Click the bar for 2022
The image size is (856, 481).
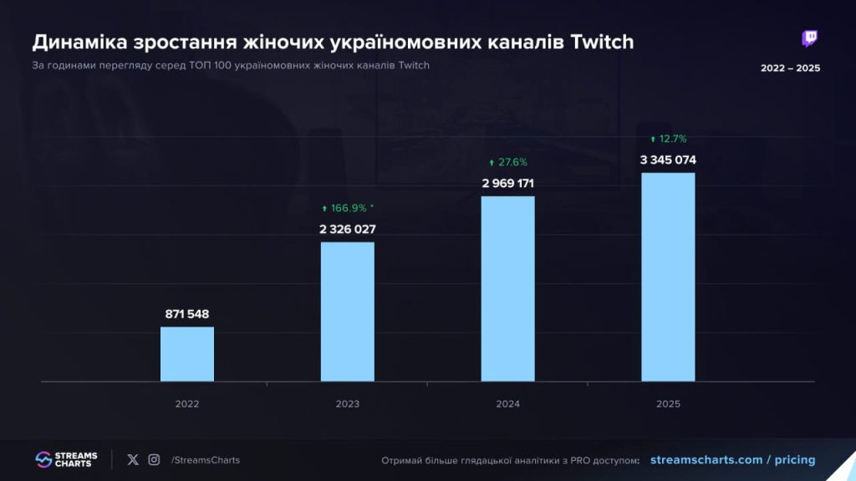(187, 354)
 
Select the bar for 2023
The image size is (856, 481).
(348, 311)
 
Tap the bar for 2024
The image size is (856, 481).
(507, 289)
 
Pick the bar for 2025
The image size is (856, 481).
(668, 277)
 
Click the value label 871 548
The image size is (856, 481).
(187, 314)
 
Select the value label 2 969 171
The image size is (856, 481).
(507, 183)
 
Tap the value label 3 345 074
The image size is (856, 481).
(668, 159)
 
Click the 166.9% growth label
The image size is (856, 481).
(347, 208)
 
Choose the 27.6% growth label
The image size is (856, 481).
(507, 162)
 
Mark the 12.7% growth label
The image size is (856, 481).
(668, 139)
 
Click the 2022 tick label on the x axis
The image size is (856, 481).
(187, 404)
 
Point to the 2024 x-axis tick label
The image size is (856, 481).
(507, 404)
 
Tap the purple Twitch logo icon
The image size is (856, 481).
(809, 39)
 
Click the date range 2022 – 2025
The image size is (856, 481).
(790, 68)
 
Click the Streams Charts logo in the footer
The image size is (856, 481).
(67, 460)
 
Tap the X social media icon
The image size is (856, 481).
(133, 459)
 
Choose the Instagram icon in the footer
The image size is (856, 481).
(154, 459)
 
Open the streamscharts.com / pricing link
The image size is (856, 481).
(731, 460)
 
